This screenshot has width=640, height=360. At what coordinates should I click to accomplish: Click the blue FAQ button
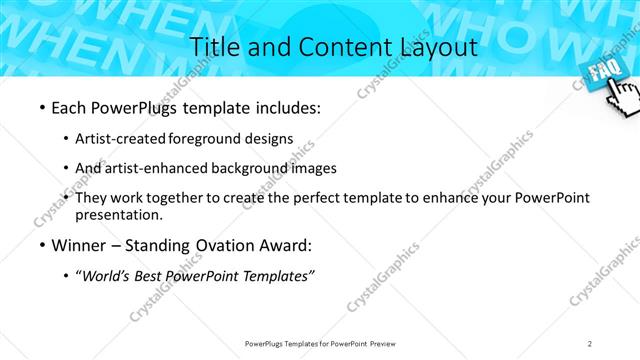[602, 73]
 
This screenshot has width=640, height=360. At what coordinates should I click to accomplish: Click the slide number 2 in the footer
[590, 343]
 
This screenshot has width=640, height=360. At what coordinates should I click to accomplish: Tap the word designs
[269, 138]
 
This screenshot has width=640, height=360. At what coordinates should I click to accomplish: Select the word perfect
[323, 198]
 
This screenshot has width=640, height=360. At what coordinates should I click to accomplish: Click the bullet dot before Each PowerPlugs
[41, 108]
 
